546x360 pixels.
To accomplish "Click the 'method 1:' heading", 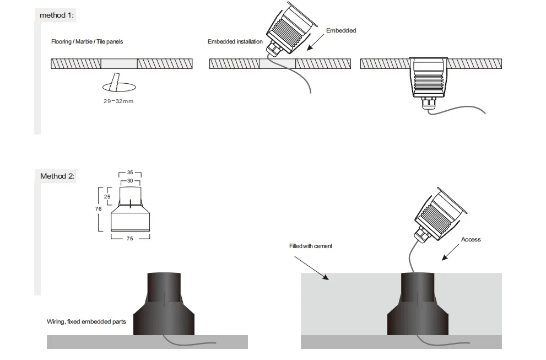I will tap(57, 15).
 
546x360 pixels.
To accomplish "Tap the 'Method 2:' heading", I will tap(57, 176).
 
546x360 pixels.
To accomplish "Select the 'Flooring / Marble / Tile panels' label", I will tap(87, 42).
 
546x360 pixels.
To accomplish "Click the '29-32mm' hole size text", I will tap(118, 101).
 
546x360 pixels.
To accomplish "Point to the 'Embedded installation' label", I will tap(235, 42).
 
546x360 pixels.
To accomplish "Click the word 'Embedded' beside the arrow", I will tap(341, 30).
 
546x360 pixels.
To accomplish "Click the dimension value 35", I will tap(130, 173).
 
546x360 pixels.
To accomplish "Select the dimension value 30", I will tap(130, 181).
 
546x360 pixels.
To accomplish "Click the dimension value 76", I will tap(98, 209).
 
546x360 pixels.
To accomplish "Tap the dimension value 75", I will tap(130, 239).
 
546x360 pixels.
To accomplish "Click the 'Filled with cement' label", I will tap(311, 246).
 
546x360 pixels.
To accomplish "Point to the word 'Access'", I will tap(471, 239).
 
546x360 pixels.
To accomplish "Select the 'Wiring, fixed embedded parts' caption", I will tap(87, 321).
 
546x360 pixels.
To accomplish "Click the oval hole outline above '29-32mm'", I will tap(120, 87).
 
